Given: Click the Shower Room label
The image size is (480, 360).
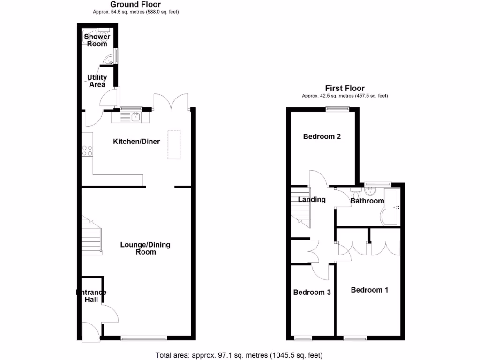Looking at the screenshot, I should point(97,40).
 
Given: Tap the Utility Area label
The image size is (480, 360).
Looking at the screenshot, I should point(97,81).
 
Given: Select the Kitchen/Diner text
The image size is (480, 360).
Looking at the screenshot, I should point(136,142).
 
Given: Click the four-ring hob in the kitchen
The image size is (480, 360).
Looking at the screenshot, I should point(87,150).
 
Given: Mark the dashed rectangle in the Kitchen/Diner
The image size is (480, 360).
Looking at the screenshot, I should point(174,144).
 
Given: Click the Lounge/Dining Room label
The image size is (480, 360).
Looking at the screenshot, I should point(145,248).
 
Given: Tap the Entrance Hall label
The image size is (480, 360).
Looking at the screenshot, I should point(91,296).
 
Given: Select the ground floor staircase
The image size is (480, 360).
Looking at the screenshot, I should point(91,234).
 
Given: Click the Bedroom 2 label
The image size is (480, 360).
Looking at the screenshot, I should point(322,137).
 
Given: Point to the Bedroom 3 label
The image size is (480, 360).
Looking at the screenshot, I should point(312,292).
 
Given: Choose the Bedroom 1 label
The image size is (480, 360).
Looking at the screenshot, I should point(369,290).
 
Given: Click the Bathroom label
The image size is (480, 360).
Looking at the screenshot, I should point(367,201).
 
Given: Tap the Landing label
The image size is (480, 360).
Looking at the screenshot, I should point(312,200).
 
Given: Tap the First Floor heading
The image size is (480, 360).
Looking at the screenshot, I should point(345,88).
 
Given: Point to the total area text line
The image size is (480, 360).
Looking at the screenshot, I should point(239,355).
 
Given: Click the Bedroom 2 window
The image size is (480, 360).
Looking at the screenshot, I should point(337,109).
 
